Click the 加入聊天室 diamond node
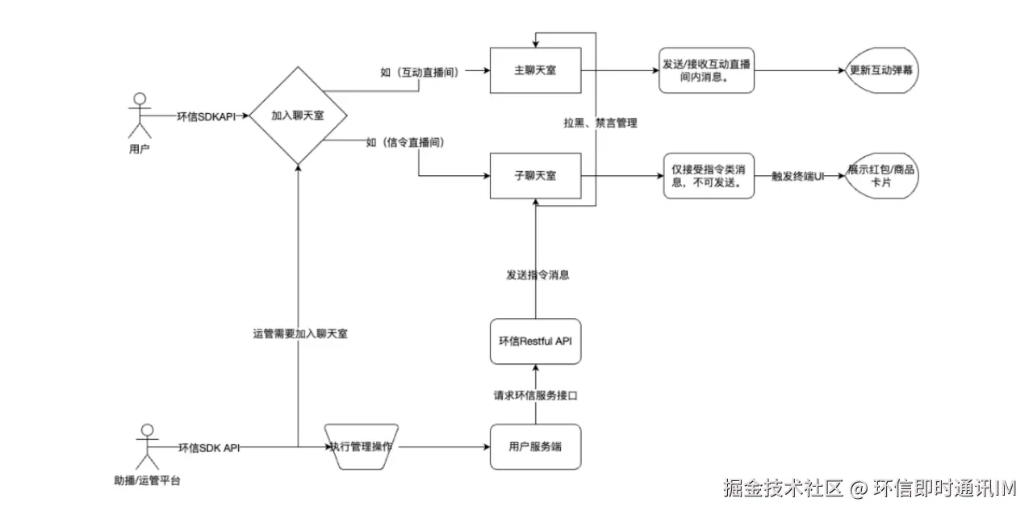tap(298, 115)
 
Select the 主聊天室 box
tap(535, 70)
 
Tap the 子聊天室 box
tap(535, 175)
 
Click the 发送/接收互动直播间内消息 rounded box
tap(705, 71)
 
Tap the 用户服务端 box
tap(535, 446)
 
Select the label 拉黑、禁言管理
tap(600, 124)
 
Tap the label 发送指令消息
tap(537, 274)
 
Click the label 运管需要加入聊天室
tap(299, 333)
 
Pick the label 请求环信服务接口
tap(536, 396)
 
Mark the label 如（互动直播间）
tap(420, 72)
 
